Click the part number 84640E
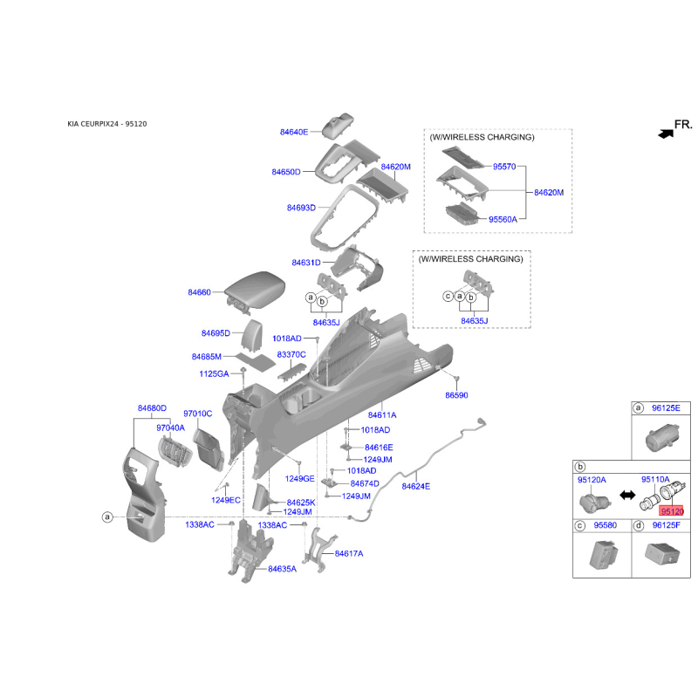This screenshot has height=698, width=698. (294, 132)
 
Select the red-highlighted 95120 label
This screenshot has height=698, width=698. (672, 511)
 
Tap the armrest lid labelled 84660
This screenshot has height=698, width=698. (254, 290)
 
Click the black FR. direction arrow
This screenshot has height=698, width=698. (666, 133)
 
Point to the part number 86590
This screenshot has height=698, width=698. (456, 395)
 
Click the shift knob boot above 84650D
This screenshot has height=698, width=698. (337, 127)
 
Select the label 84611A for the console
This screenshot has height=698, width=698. (382, 415)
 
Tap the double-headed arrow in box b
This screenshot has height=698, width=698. (627, 495)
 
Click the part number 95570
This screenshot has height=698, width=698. (504, 167)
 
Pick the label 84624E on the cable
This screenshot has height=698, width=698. (416, 486)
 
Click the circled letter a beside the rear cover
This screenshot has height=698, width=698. (106, 517)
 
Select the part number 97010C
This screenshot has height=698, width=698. (198, 414)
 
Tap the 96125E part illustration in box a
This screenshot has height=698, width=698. (662, 438)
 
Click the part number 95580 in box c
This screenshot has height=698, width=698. (605, 525)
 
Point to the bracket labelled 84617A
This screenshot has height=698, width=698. (319, 551)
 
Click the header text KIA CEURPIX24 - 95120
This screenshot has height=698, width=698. (106, 124)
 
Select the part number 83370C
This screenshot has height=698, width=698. (291, 354)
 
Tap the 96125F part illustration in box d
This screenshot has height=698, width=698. (662, 555)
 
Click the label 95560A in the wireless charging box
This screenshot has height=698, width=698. (503, 220)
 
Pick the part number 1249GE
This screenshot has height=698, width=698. (299, 478)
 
